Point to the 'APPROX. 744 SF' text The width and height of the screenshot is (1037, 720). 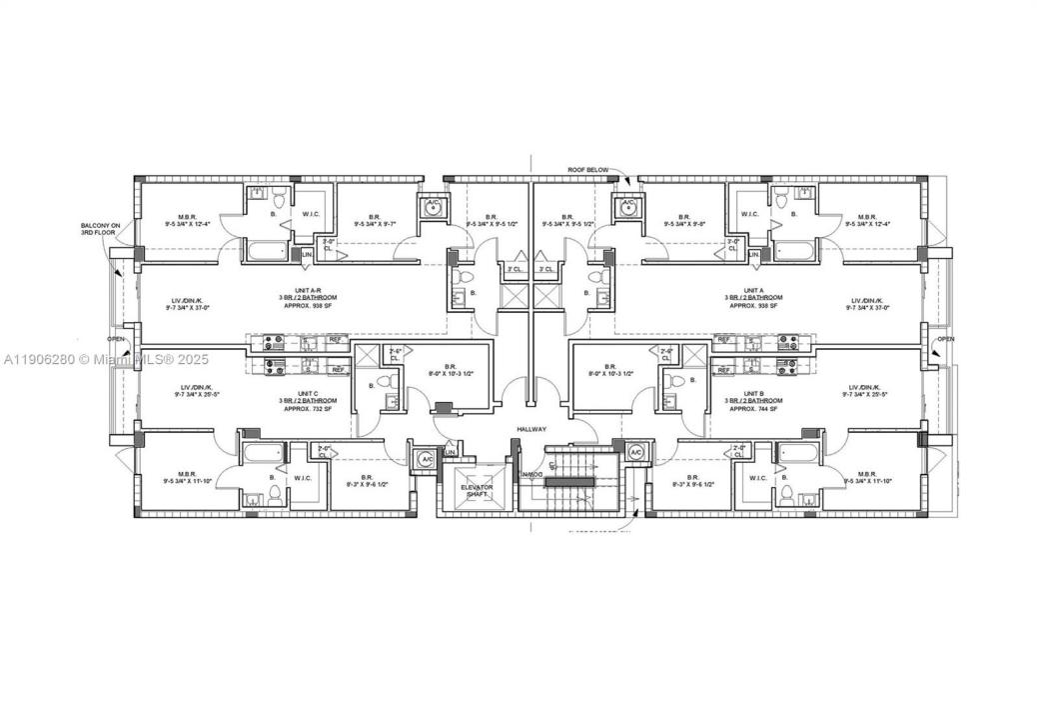point(755,409)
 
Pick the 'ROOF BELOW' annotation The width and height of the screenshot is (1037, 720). point(587,170)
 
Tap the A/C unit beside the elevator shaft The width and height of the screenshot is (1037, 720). point(426,458)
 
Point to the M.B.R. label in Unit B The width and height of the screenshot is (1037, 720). point(865,476)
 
